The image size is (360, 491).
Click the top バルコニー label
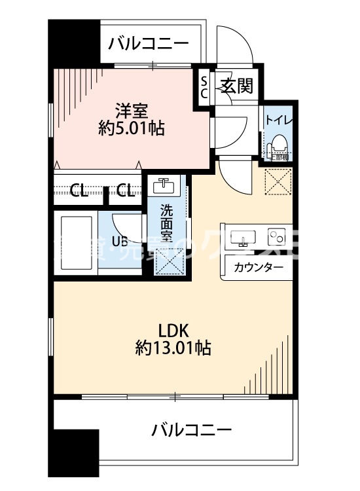(149, 44)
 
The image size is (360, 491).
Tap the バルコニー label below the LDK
(192, 430)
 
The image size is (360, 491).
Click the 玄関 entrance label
(236, 86)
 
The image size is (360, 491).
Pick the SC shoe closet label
(204, 86)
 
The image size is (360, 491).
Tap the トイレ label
(279, 120)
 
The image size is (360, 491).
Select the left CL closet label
(79, 191)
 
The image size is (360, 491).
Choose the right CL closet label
(126, 191)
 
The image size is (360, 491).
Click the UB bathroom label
(119, 241)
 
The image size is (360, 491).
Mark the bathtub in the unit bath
(75, 239)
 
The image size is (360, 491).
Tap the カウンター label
(259, 267)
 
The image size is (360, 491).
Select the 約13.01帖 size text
(173, 348)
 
